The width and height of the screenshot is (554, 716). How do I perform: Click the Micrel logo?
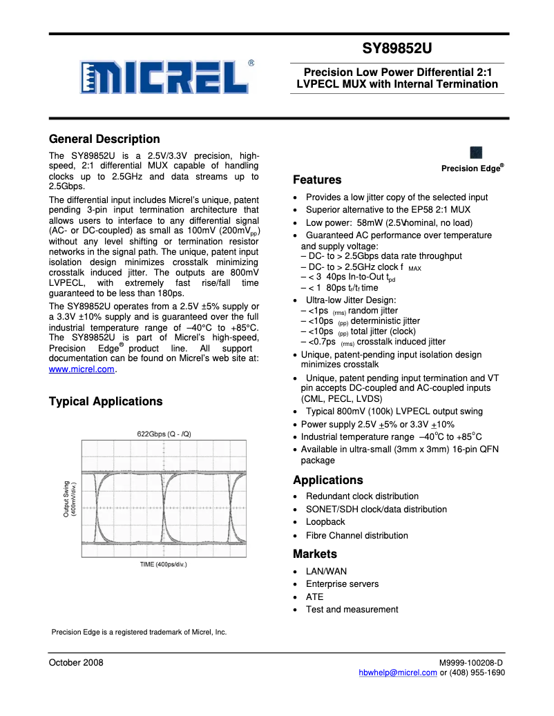coord(164,77)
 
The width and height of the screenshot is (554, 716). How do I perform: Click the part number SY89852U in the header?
coord(397,50)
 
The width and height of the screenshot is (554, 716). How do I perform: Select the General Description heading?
coord(104,139)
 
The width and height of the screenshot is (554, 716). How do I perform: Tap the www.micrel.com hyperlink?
coord(82,369)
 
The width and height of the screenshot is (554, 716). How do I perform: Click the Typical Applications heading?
coord(106,401)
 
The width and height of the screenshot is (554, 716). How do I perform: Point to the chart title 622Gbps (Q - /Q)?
coord(164,434)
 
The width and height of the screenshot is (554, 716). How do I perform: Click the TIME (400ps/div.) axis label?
coord(164,564)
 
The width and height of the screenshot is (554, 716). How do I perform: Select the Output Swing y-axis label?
coord(70,499)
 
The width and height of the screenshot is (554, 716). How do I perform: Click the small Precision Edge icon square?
coord(476,153)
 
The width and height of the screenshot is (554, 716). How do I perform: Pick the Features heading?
coord(317,180)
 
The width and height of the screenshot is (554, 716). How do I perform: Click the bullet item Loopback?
coord(325,522)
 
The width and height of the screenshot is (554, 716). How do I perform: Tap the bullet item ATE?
coord(314,597)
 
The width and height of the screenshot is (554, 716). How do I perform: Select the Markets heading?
coord(315,554)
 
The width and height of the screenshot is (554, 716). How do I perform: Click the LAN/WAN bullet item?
coord(326,571)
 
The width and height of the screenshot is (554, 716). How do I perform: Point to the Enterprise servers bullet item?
coord(342,584)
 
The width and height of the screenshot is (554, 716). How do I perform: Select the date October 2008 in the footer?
coord(76,663)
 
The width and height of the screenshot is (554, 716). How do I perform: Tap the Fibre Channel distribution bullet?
coord(356,535)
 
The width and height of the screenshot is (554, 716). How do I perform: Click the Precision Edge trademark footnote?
coord(139,632)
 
